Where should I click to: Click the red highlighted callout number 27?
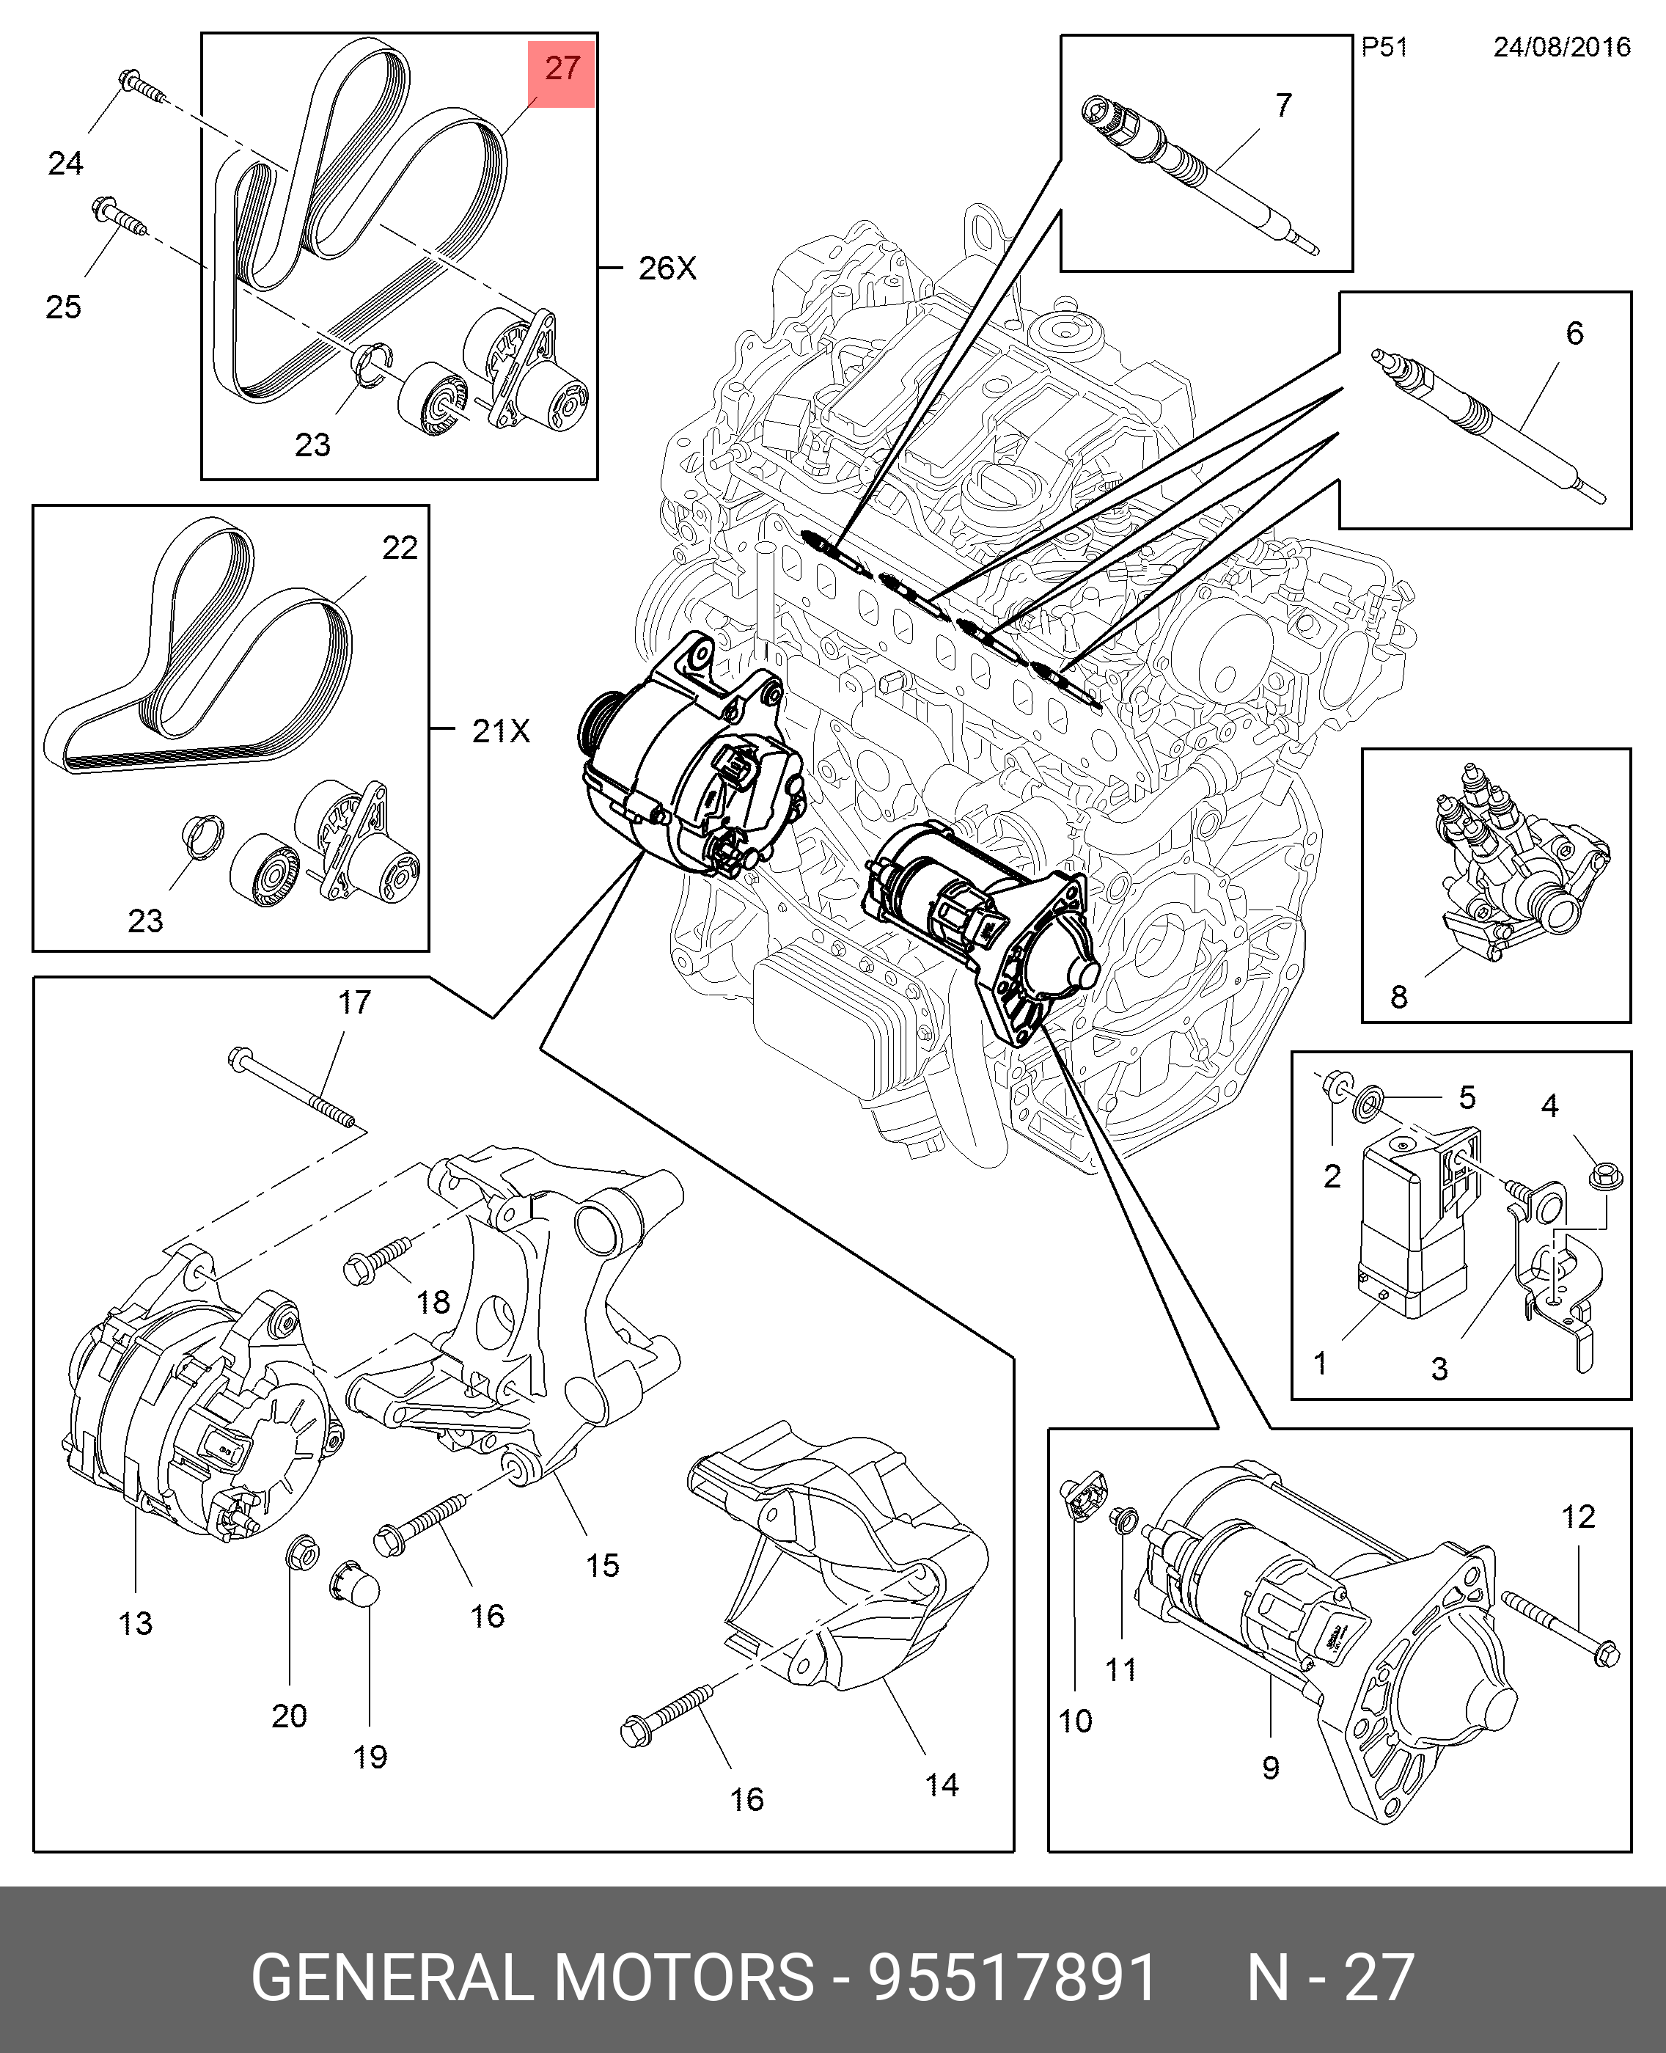tap(562, 69)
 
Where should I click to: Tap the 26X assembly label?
tap(667, 268)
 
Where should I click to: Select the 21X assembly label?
tap(500, 731)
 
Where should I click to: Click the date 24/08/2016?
tap(1561, 47)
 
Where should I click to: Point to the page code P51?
tap(1384, 47)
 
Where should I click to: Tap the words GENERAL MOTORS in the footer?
tap(532, 1977)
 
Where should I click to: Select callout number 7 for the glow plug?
tap(1284, 105)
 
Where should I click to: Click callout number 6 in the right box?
tap(1574, 333)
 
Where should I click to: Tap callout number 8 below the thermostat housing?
tap(1398, 998)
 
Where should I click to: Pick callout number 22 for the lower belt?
tap(399, 548)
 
